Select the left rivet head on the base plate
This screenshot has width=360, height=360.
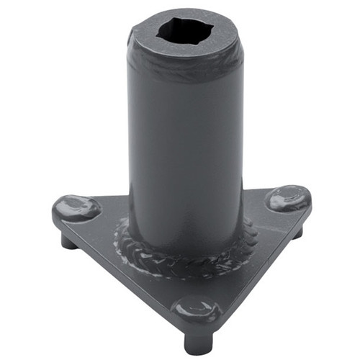pos(76,207)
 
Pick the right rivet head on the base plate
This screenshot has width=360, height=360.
pos(289,198)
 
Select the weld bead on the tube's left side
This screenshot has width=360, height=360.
pos(124,234)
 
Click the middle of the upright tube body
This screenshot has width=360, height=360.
pos(185,144)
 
